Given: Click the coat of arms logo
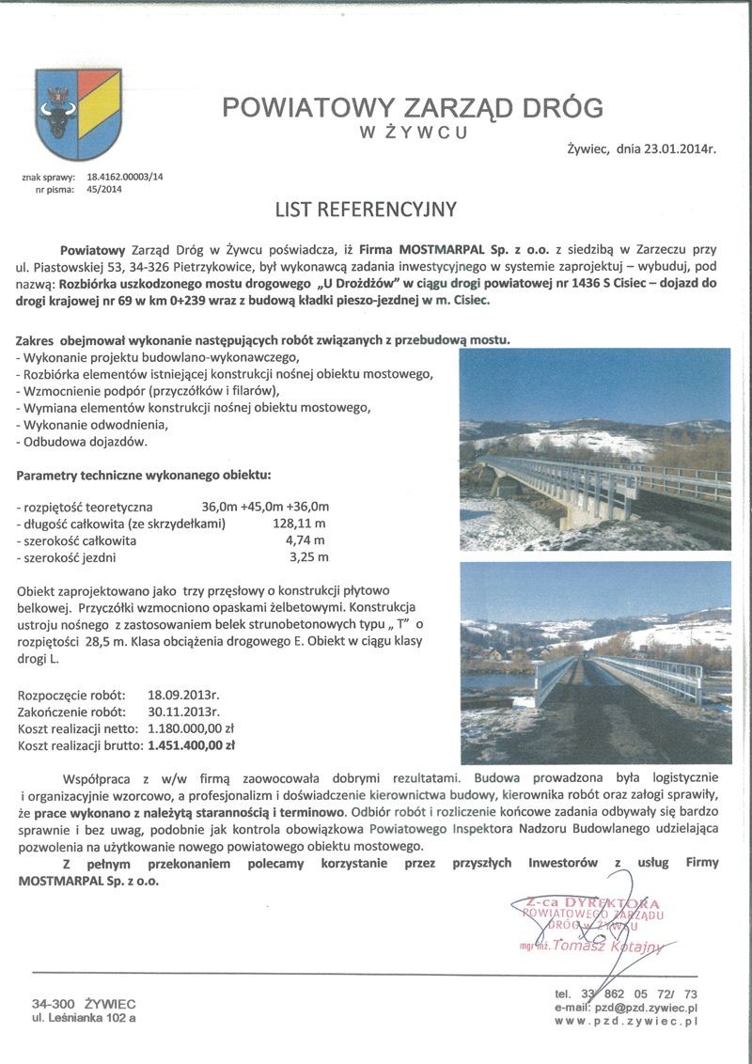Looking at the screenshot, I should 78,113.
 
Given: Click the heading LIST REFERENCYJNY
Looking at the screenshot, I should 366,209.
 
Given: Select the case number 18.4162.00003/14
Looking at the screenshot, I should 125,177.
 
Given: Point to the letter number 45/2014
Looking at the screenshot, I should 104,189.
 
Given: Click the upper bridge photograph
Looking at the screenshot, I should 594,449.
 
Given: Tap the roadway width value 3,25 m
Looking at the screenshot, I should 309,557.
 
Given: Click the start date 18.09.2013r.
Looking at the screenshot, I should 183,696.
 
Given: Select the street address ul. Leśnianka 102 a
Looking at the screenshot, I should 84,1018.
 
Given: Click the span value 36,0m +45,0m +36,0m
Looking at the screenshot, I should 265,506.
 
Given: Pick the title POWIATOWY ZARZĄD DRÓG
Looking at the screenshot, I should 413,108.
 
